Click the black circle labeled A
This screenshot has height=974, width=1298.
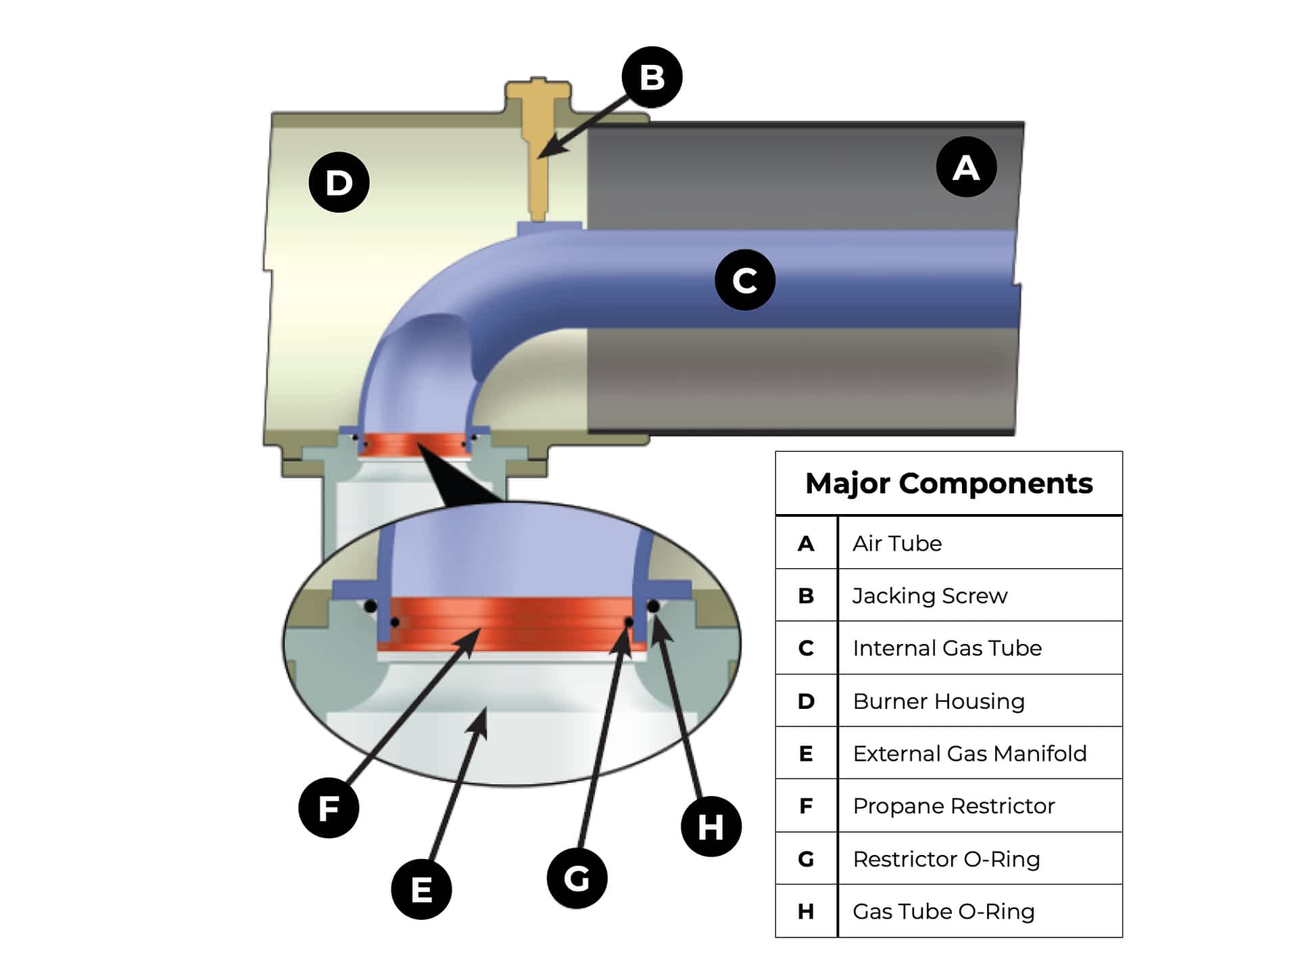tap(966, 167)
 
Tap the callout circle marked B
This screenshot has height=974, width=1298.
tap(652, 77)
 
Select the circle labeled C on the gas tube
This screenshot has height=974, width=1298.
tap(744, 280)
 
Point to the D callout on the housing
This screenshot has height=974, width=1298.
tap(339, 183)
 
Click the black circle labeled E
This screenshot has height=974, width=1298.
tap(421, 889)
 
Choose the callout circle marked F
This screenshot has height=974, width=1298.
tap(329, 808)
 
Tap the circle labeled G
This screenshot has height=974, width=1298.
tap(577, 879)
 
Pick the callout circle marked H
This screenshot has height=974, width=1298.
tap(711, 827)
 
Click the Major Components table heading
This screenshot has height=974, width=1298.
tap(948, 484)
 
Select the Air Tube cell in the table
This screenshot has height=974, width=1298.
tap(897, 543)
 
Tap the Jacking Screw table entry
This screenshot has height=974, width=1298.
tap(930, 596)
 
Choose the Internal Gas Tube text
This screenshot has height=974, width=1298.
tap(946, 648)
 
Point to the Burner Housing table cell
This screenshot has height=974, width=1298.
tap(938, 701)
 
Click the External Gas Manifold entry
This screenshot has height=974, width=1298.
tap(969, 753)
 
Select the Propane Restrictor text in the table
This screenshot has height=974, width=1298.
tap(953, 806)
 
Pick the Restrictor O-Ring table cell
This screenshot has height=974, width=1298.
tap(946, 859)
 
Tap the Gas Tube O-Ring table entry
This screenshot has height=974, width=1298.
tap(943, 912)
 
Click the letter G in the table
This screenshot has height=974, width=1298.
tap(806, 859)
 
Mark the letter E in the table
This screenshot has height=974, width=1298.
tap(806, 753)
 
